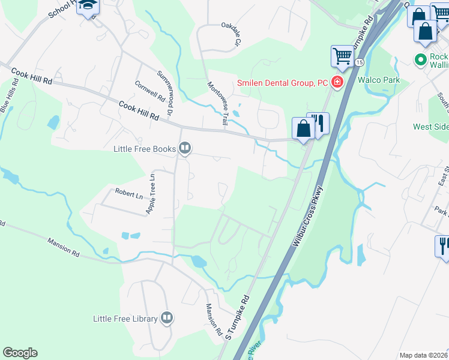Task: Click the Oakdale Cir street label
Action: click(x=231, y=34)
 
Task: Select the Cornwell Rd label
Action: click(x=149, y=91)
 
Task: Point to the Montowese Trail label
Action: click(x=217, y=103)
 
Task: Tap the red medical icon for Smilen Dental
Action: click(x=337, y=82)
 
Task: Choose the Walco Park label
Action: click(x=379, y=79)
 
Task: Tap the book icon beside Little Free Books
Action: click(x=185, y=148)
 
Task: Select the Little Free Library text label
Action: click(x=125, y=319)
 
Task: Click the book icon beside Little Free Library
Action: click(x=167, y=319)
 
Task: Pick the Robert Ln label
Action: click(x=129, y=195)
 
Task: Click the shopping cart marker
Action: click(x=342, y=56)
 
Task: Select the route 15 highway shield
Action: click(x=359, y=62)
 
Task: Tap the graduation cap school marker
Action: click(x=88, y=6)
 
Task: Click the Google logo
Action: click(x=20, y=352)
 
